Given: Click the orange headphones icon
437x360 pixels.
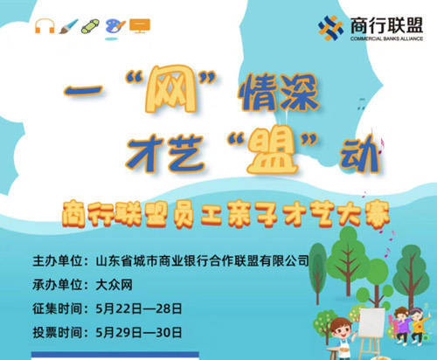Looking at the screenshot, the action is coord(45,26).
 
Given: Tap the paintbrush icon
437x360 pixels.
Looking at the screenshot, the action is coord(69,26).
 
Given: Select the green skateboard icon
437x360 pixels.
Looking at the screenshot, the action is coord(90,26).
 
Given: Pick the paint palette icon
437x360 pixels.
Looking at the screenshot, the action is coord(114,26).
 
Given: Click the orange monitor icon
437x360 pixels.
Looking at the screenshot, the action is coord(140,26).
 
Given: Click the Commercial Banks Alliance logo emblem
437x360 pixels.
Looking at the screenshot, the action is coord(330,28).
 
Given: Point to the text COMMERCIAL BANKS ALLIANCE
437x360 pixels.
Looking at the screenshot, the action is coord(386,38).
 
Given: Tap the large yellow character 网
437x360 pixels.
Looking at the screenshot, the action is coord(170,89).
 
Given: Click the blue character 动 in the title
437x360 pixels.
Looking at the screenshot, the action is coord(359,153).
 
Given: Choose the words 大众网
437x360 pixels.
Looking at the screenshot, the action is coord(114,285).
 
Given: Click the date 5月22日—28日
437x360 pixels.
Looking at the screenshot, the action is coord(139,308).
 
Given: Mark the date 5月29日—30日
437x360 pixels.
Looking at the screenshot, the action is coord(139,332).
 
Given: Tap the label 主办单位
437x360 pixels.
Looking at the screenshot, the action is coord(58,260).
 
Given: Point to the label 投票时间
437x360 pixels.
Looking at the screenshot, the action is coord(58,332).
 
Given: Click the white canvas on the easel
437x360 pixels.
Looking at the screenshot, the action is coord(371,322).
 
